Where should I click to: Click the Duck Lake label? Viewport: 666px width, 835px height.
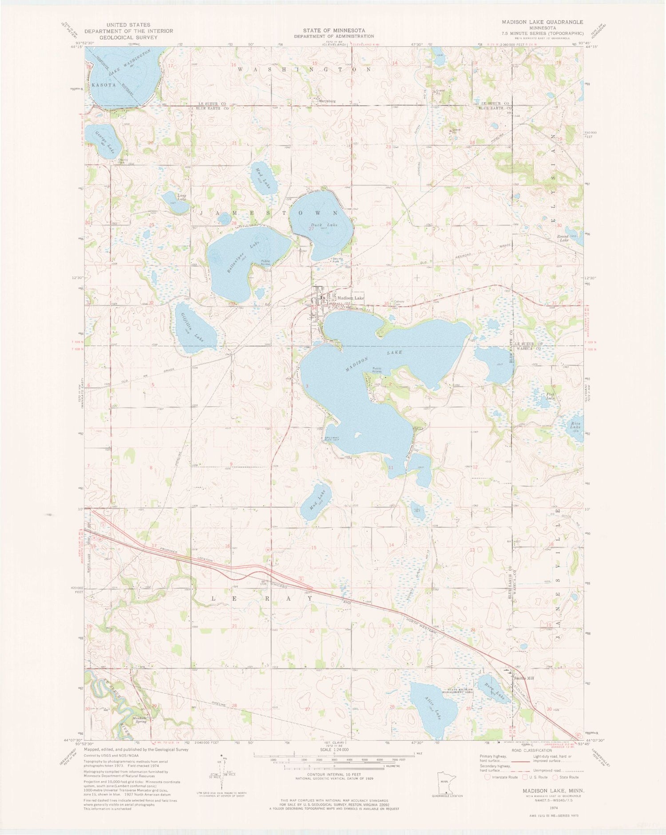coord(327,225)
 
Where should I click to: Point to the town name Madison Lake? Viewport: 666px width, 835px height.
coord(351,298)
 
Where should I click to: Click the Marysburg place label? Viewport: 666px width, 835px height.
coord(327,101)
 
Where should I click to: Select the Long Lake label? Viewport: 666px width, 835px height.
coord(182,197)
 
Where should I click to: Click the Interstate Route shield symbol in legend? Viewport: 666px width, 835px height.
coord(488,777)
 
